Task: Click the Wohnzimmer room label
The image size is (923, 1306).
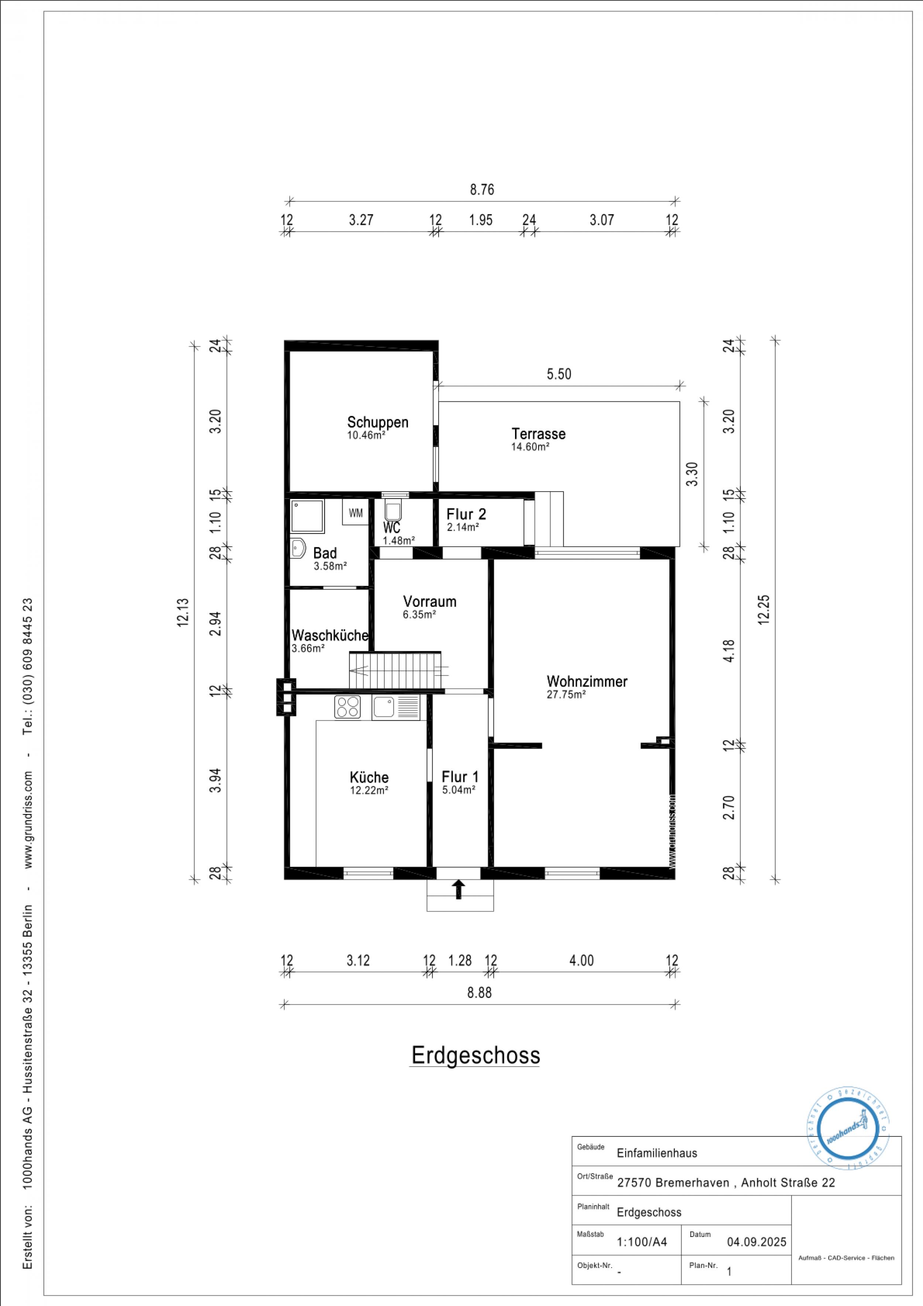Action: coord(587,681)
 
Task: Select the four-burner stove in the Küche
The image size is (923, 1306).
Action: coord(347,707)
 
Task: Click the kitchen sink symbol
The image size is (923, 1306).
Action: coord(396,707)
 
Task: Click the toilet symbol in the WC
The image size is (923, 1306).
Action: coord(393,510)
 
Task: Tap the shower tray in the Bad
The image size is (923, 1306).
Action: coord(307,516)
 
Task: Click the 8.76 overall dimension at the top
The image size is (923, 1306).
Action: coord(482,190)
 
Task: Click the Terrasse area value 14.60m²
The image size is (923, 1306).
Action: coord(530,447)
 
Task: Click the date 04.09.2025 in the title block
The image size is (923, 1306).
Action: coord(756,1242)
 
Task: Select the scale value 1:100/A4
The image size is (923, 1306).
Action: coord(642,1242)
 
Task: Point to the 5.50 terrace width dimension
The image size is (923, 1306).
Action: coord(559,374)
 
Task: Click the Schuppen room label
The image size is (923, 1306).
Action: coord(378,422)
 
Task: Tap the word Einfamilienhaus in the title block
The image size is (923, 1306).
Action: coord(657,1153)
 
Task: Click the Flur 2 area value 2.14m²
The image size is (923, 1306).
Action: coord(462,527)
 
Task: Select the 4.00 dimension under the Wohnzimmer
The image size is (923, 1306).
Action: coord(581,961)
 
